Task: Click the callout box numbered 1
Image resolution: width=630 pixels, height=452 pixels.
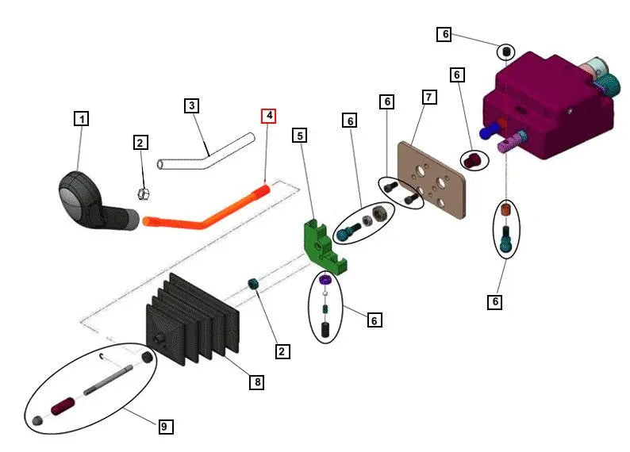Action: click(81, 119)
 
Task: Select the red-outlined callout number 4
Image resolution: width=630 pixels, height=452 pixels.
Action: click(270, 116)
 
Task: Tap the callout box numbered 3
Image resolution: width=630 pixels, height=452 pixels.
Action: click(191, 105)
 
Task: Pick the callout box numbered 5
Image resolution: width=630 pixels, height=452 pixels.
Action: click(299, 136)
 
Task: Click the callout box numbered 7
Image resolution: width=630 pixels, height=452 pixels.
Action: click(428, 98)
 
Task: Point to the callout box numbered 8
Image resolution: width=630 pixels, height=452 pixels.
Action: click(256, 382)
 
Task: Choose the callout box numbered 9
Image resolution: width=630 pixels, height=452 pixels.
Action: click(164, 427)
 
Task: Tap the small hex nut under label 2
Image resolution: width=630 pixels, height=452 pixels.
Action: click(144, 193)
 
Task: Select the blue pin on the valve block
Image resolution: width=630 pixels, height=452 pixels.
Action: click(494, 128)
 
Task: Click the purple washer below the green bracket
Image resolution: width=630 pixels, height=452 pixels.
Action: click(325, 279)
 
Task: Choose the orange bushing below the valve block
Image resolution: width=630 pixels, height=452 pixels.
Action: click(505, 212)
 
